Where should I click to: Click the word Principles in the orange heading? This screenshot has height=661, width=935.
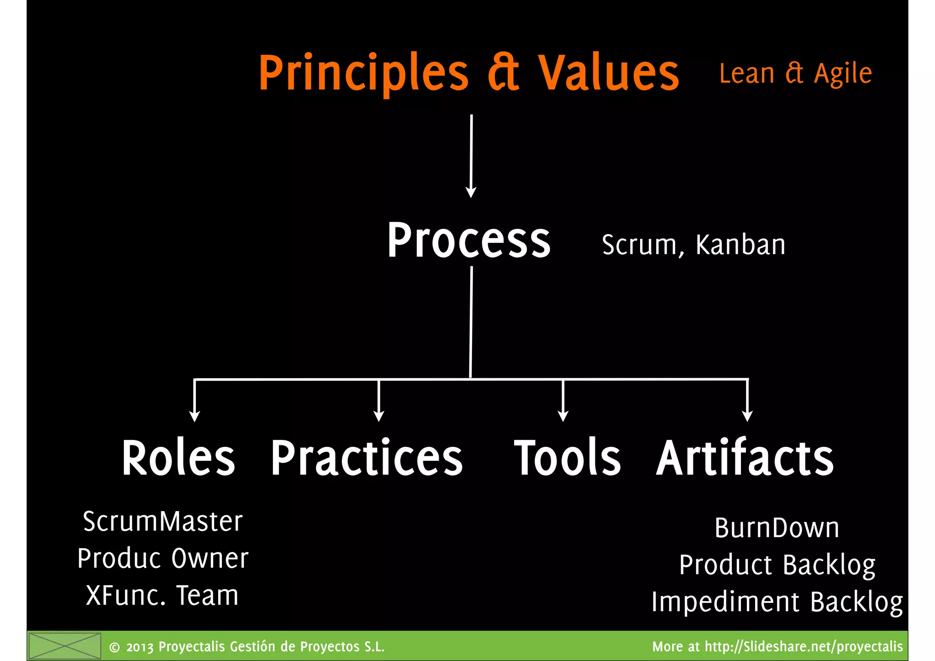(x=363, y=73)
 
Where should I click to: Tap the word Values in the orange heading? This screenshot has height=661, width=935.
(x=609, y=73)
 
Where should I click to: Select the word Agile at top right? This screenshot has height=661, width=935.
(x=843, y=74)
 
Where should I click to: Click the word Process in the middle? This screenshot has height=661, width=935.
(x=469, y=241)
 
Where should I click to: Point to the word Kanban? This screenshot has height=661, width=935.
(x=740, y=245)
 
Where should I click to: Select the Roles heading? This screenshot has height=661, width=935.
(x=178, y=458)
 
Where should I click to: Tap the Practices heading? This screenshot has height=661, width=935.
(x=367, y=458)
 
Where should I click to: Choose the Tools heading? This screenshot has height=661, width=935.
(x=567, y=458)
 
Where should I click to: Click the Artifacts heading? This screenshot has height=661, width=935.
(x=745, y=458)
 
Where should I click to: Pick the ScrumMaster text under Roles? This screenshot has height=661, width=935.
(x=163, y=521)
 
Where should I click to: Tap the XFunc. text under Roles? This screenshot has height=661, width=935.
(x=126, y=596)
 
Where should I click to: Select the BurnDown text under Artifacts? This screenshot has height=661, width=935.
(x=777, y=528)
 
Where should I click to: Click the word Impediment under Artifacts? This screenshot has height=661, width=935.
(x=725, y=602)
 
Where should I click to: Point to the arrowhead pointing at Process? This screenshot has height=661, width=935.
(x=471, y=192)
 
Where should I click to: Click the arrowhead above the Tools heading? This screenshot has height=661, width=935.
(x=563, y=416)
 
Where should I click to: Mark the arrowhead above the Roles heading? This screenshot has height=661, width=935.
(x=194, y=416)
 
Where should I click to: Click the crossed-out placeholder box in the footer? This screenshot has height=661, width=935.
(x=64, y=646)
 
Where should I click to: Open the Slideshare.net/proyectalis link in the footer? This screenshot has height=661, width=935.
(x=804, y=646)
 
